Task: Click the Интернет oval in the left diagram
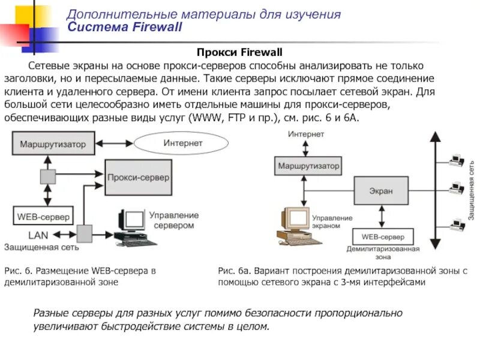182,144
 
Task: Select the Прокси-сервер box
138,178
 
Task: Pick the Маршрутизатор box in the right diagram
308,166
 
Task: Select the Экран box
381,191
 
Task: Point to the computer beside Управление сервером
133,227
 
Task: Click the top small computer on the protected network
457,160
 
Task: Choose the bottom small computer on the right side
457,226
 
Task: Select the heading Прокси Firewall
240,53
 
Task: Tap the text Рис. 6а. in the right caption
232,271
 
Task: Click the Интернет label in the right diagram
306,134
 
